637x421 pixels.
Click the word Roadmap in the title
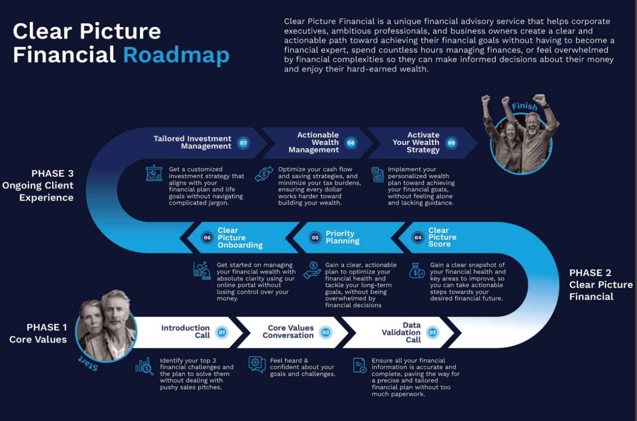click(176, 55)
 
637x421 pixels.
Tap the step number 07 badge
click(243, 143)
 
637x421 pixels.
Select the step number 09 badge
click(451, 143)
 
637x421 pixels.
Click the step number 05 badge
click(315, 237)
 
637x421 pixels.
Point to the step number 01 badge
click(221, 332)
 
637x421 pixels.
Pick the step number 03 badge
click(432, 332)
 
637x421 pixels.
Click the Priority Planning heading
click(342, 237)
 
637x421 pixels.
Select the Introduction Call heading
click(186, 332)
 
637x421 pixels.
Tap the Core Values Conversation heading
click(288, 332)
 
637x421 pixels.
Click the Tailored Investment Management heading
click(193, 142)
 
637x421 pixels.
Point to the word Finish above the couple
click(525, 106)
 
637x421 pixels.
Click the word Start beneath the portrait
click(89, 364)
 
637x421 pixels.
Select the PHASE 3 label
click(53, 173)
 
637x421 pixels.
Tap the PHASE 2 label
click(590, 273)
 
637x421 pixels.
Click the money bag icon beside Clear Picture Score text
click(417, 271)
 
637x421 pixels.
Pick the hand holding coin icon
click(312, 271)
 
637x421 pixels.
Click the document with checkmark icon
click(360, 365)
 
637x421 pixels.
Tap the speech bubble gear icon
click(257, 364)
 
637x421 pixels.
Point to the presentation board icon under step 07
click(154, 173)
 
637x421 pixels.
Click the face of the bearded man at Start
click(115, 313)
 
